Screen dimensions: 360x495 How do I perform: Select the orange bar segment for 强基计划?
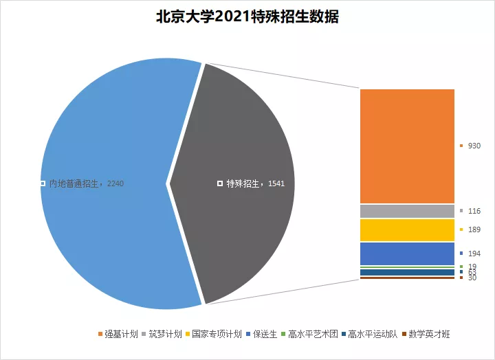coord(407,146)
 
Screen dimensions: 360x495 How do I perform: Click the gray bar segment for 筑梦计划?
coord(407,211)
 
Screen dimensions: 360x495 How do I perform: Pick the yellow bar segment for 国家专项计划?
coord(407,230)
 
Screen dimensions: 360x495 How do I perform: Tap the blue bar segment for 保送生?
coord(407,254)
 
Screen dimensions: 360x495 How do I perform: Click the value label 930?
coord(474,146)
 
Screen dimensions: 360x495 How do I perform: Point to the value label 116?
coord(474,210)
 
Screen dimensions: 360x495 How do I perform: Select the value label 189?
coord(474,229)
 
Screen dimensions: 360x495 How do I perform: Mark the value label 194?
coord(474,254)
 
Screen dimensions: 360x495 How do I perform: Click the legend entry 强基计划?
coord(122,335)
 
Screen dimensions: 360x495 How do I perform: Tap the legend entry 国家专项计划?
coord(216,335)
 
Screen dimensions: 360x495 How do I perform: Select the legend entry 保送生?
coord(264,335)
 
